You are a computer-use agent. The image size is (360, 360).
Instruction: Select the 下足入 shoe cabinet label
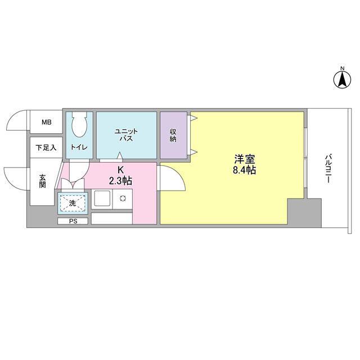coord(46,148)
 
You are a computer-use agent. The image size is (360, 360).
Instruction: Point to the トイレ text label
coord(79,148)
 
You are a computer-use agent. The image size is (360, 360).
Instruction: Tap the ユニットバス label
coord(126,135)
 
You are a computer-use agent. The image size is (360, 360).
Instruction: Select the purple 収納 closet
coord(173,135)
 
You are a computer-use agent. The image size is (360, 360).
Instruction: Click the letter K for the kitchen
coord(120,170)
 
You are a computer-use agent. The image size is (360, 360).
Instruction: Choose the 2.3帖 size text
coord(120,181)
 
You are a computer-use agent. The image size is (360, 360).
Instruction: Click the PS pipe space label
coord(72,221)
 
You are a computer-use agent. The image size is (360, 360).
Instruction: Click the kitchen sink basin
coord(102,199)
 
